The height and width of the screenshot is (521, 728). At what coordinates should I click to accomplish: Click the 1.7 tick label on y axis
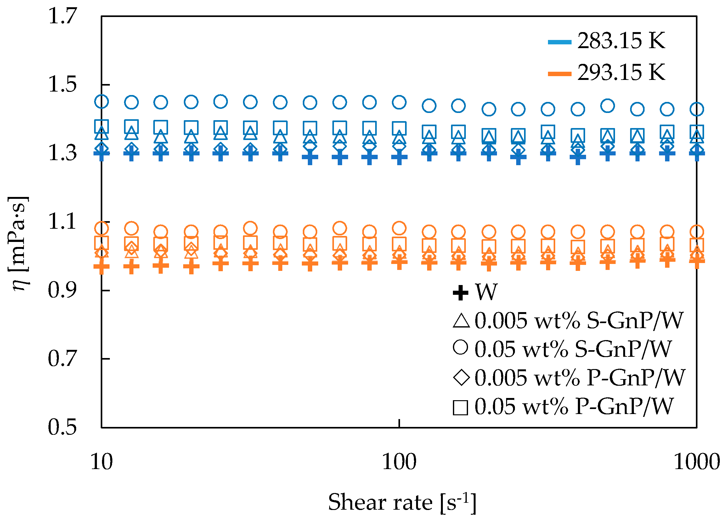(x=63, y=16)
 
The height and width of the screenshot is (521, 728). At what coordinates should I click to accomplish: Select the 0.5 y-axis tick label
(x=63, y=427)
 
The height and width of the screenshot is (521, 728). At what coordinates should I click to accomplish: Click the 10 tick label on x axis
(x=101, y=462)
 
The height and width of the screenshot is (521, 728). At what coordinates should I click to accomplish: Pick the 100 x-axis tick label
(x=399, y=462)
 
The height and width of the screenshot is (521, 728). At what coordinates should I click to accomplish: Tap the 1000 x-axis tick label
(x=697, y=462)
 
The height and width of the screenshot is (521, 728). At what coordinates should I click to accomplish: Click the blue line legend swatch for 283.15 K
(x=559, y=42)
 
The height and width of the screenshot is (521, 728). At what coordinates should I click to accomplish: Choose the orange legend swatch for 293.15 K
(x=559, y=74)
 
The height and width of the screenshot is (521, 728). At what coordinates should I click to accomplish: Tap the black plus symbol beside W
(x=460, y=293)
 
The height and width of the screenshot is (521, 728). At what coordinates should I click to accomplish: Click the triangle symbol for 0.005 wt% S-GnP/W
(x=461, y=321)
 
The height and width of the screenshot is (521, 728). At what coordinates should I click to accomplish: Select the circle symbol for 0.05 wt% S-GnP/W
(x=460, y=347)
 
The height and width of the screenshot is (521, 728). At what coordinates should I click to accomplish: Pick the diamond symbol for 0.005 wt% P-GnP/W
(x=461, y=377)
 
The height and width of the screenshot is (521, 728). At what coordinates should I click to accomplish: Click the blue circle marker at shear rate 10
(x=101, y=101)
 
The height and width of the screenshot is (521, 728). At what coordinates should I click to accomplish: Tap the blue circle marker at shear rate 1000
(x=697, y=109)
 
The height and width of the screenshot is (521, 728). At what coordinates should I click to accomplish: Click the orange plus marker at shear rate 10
(x=101, y=266)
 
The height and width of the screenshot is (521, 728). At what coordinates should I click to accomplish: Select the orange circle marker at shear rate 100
(x=399, y=228)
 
